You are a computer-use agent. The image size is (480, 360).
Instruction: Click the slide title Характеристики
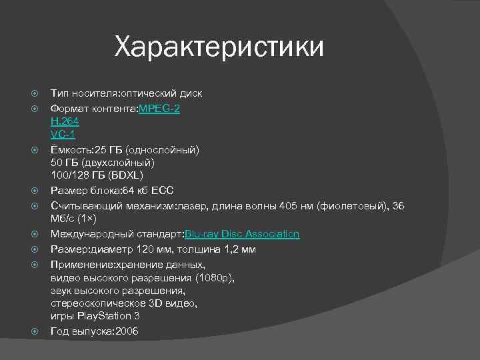point(219,47)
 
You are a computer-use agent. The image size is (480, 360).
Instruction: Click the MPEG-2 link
point(159,107)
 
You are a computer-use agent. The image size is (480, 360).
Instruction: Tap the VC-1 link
point(63,134)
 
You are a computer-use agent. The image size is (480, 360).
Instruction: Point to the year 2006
point(127,331)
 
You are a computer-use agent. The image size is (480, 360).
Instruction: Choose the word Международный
point(93,234)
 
